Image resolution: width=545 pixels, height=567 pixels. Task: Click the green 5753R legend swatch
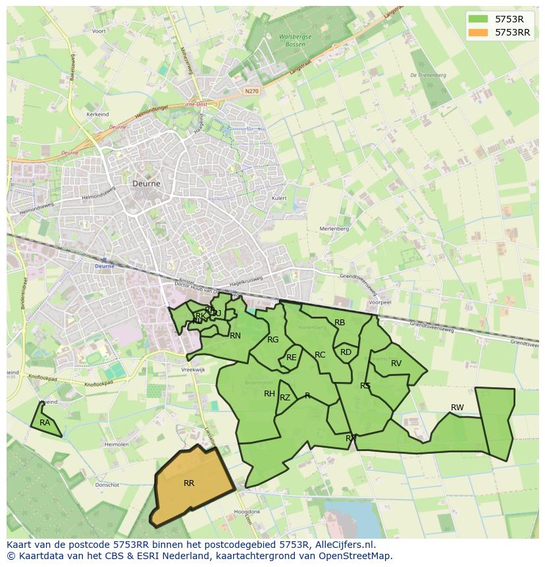479,19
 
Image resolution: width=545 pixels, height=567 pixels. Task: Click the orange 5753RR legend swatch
479,32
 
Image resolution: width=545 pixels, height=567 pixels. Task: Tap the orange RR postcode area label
189,483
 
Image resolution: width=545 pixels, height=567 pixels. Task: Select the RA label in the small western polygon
45,423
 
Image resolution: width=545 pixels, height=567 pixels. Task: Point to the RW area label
457,408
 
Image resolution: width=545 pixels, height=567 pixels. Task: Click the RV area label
396,364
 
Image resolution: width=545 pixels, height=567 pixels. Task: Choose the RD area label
346,352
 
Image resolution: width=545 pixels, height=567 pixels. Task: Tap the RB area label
340,323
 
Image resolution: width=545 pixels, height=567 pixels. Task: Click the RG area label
273,340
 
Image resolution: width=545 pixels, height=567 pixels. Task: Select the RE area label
291,358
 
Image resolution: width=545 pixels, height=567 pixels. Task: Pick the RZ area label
285,398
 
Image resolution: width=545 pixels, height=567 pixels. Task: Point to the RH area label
269,394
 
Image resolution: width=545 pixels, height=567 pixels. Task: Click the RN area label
235,336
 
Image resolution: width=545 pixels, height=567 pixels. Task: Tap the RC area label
320,355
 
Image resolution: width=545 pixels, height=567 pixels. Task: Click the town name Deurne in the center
146,184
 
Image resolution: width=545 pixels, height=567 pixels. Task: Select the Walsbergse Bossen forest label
295,40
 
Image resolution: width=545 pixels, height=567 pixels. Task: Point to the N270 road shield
251,91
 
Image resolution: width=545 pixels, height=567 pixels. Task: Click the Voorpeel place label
380,302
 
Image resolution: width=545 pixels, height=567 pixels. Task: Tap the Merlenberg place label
334,229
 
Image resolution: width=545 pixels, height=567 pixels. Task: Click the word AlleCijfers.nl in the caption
345,545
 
